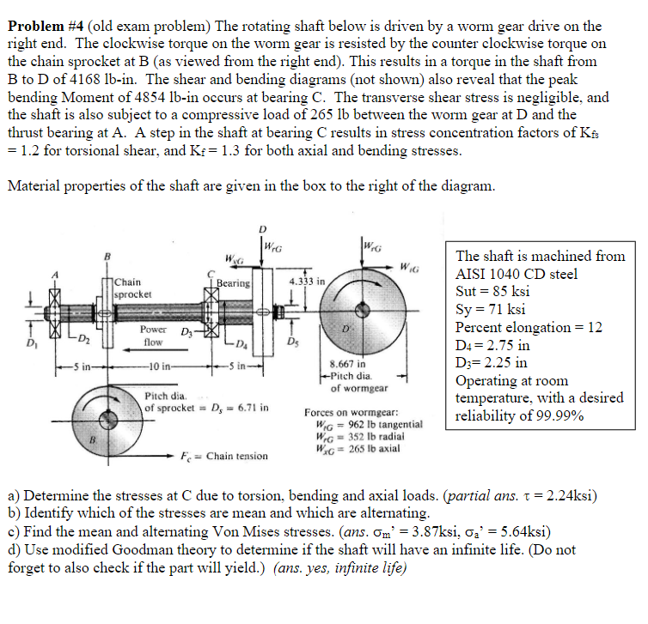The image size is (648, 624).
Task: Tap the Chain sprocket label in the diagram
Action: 133,288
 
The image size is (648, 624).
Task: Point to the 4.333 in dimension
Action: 306,281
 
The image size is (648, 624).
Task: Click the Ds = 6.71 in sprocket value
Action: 228,407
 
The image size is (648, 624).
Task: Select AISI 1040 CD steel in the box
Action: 516,274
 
